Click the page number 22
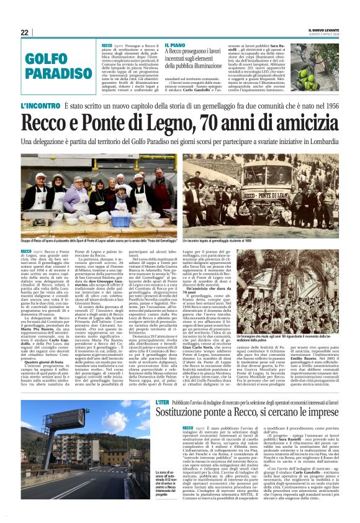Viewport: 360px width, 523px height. [24, 32]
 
